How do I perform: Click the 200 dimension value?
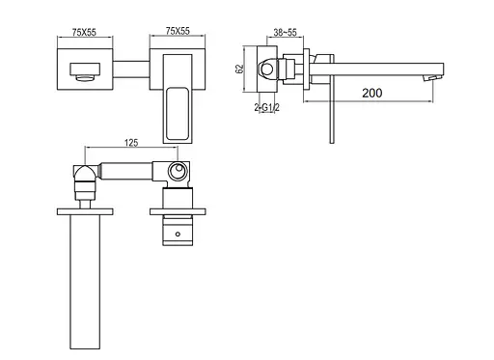click(x=372, y=93)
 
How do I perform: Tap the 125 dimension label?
click(x=131, y=143)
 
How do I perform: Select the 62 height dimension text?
click(x=239, y=69)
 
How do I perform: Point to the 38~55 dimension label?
click(x=285, y=33)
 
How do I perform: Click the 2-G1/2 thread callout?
click(x=266, y=107)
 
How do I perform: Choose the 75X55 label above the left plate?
click(x=84, y=33)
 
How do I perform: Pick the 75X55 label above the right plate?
click(x=178, y=31)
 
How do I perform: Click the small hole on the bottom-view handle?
click(x=178, y=234)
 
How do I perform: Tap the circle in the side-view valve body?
click(x=267, y=69)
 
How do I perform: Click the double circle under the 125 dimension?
click(x=178, y=171)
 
